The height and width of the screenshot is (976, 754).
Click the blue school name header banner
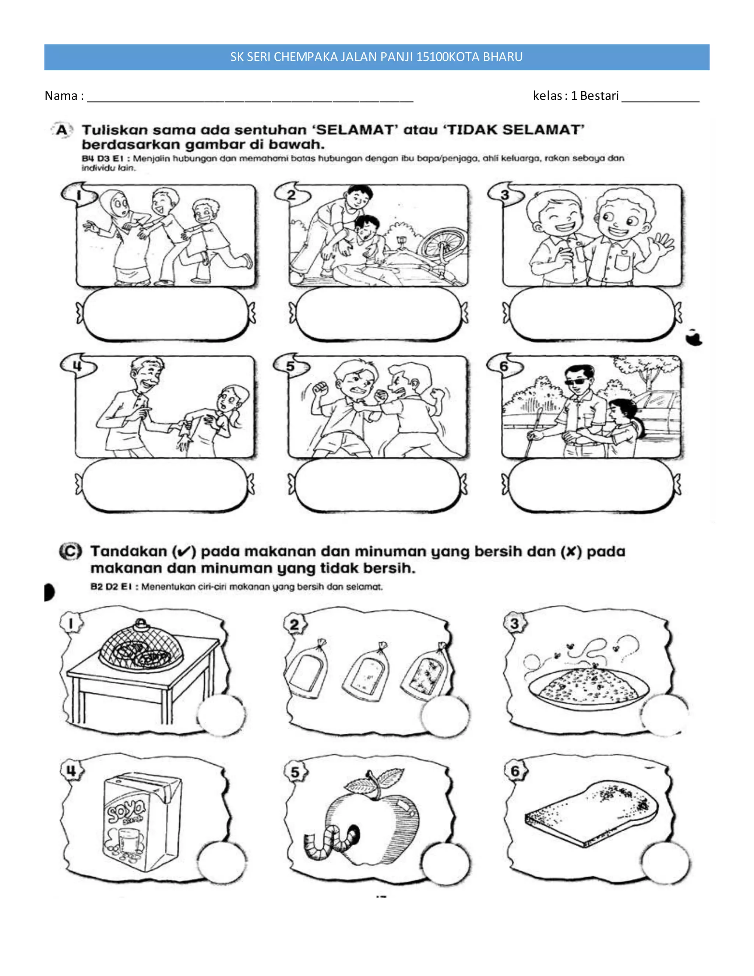point(377,57)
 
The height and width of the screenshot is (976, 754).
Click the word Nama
point(61,96)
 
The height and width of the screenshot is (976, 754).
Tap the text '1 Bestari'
point(595,96)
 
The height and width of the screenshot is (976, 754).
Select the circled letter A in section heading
point(61,130)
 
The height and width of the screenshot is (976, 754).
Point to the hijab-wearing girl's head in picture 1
point(116,204)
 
